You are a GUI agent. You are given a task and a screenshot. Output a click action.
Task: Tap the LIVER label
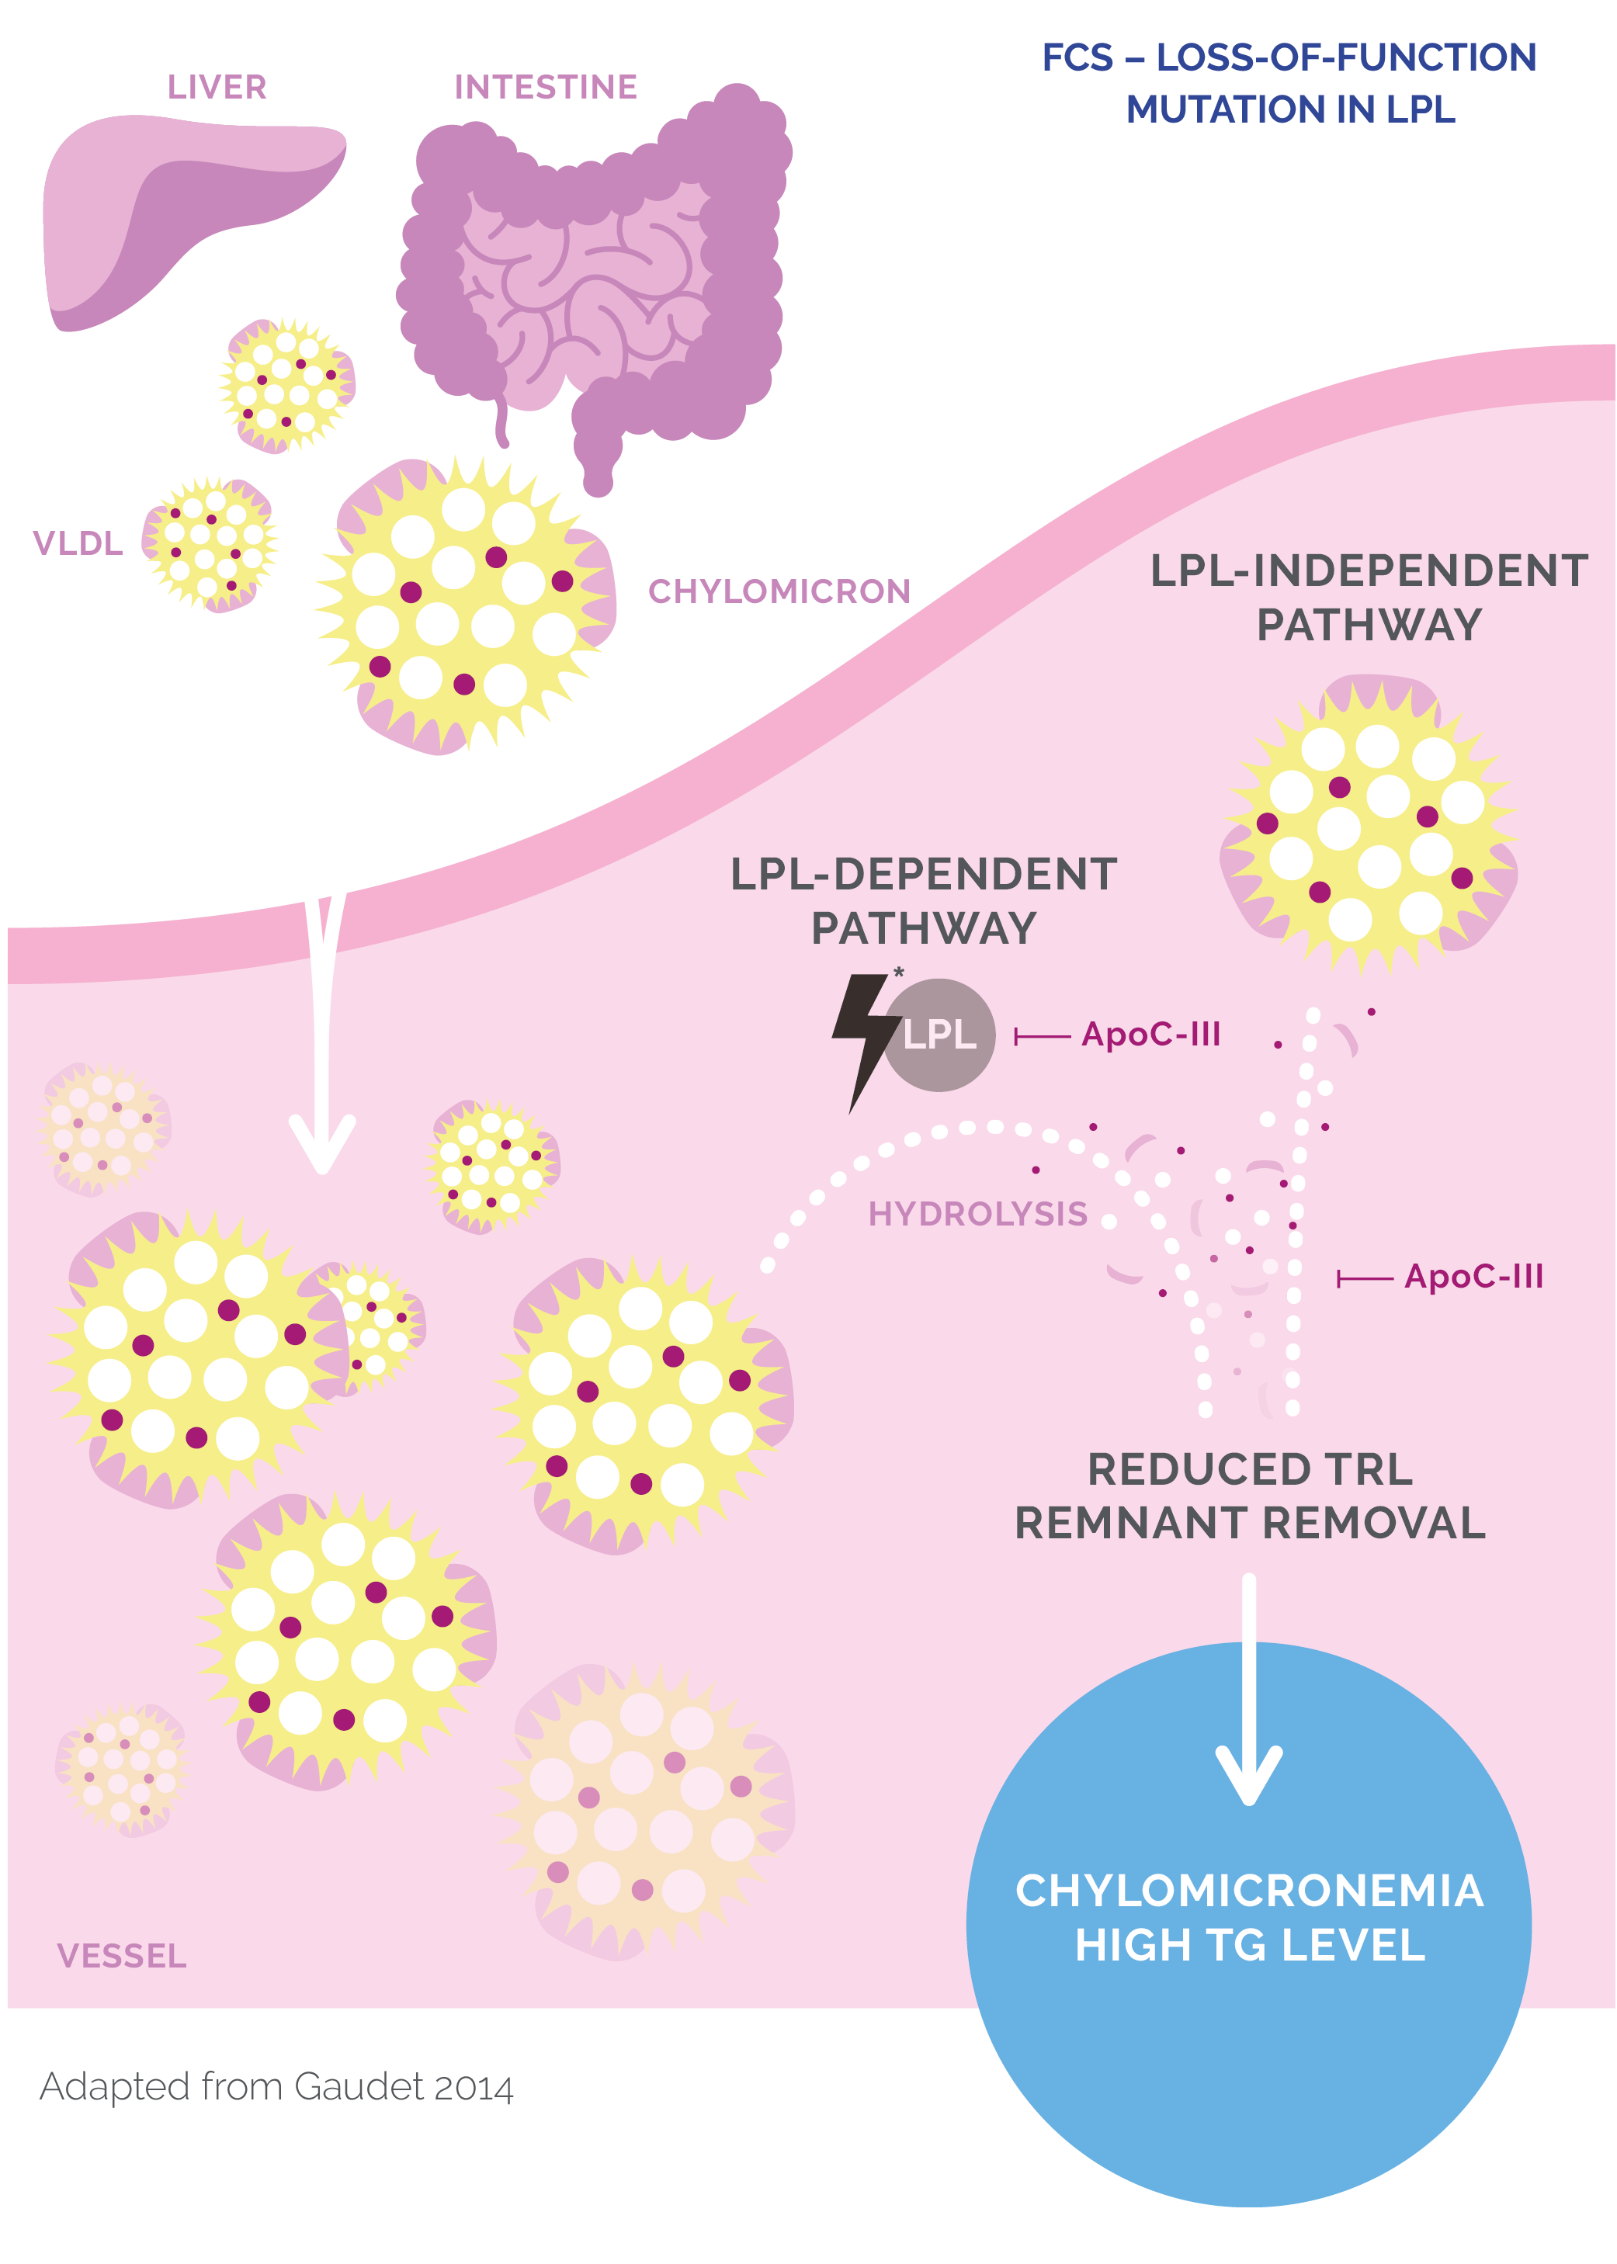(x=217, y=88)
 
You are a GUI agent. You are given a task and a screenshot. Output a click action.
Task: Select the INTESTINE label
(x=546, y=88)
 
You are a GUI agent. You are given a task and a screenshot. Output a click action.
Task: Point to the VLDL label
(x=78, y=543)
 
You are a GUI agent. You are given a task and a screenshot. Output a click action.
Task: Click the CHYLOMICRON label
(x=779, y=591)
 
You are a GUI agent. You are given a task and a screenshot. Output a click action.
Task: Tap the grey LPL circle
(x=942, y=1035)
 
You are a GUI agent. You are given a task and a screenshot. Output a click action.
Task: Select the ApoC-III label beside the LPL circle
(x=1150, y=1035)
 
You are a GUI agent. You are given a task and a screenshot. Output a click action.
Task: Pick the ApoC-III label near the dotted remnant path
(x=1473, y=1277)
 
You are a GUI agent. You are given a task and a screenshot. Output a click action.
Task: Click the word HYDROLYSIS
(x=978, y=1214)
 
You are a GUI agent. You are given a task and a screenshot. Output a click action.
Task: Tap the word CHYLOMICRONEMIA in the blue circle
(x=1248, y=1891)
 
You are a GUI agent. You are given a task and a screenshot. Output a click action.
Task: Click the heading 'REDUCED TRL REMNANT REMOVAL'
(x=1250, y=1496)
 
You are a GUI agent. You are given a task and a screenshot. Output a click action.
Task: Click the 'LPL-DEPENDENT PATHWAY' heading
(x=923, y=900)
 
